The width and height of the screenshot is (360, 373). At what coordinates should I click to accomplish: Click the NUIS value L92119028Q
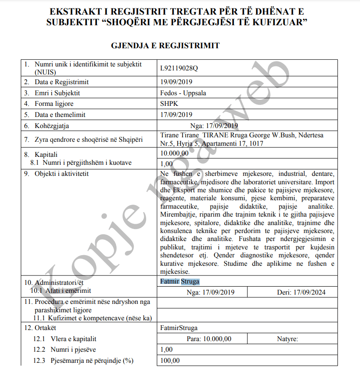click(179, 68)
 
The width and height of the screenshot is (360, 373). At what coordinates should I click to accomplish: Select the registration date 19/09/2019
click(176, 82)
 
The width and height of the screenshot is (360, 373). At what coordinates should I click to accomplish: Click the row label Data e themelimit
click(60, 114)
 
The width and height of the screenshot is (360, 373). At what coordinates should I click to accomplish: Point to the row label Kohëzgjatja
click(52, 125)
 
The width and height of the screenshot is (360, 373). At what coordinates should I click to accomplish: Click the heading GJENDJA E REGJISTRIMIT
click(166, 46)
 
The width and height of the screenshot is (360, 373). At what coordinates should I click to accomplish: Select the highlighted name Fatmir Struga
click(180, 281)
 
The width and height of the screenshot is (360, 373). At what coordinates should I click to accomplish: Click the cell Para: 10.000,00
click(209, 339)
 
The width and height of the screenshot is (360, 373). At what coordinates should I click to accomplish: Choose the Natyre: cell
click(287, 339)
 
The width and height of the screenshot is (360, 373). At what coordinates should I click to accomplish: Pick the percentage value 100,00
click(170, 360)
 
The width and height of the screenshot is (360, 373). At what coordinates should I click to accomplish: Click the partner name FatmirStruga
click(179, 328)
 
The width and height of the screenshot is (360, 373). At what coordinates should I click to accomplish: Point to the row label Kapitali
click(46, 155)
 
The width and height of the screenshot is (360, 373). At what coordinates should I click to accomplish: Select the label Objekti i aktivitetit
click(62, 174)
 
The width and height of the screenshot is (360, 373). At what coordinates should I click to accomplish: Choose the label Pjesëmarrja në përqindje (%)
click(91, 360)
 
